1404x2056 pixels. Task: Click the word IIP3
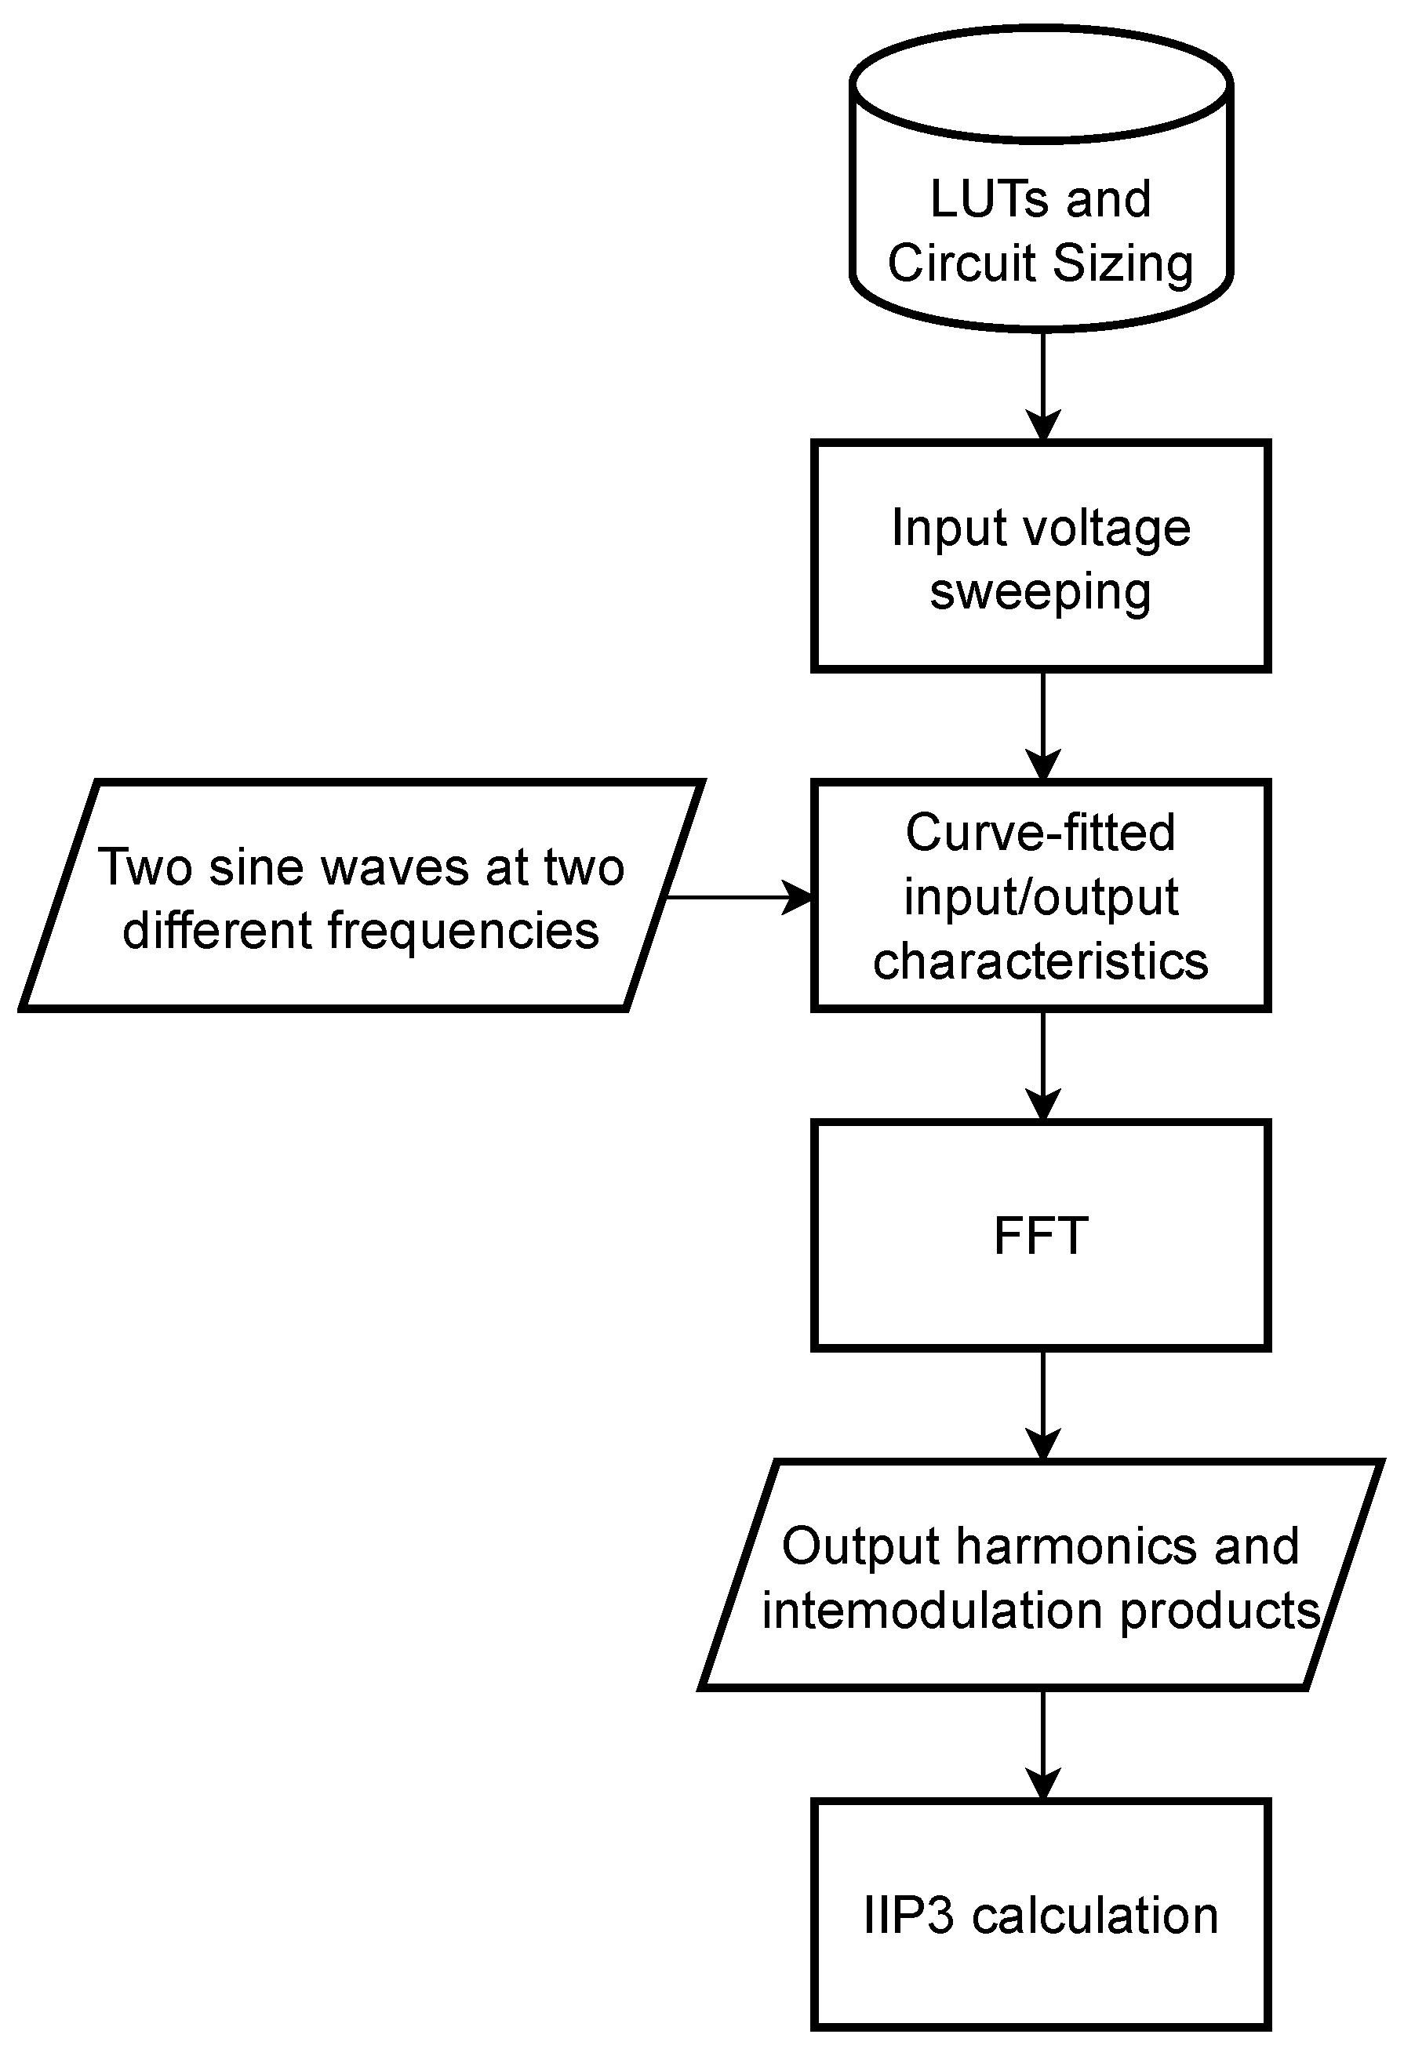click(908, 1916)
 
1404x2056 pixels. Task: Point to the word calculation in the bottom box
click(1094, 1916)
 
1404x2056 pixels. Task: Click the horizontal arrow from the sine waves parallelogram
click(739, 897)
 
